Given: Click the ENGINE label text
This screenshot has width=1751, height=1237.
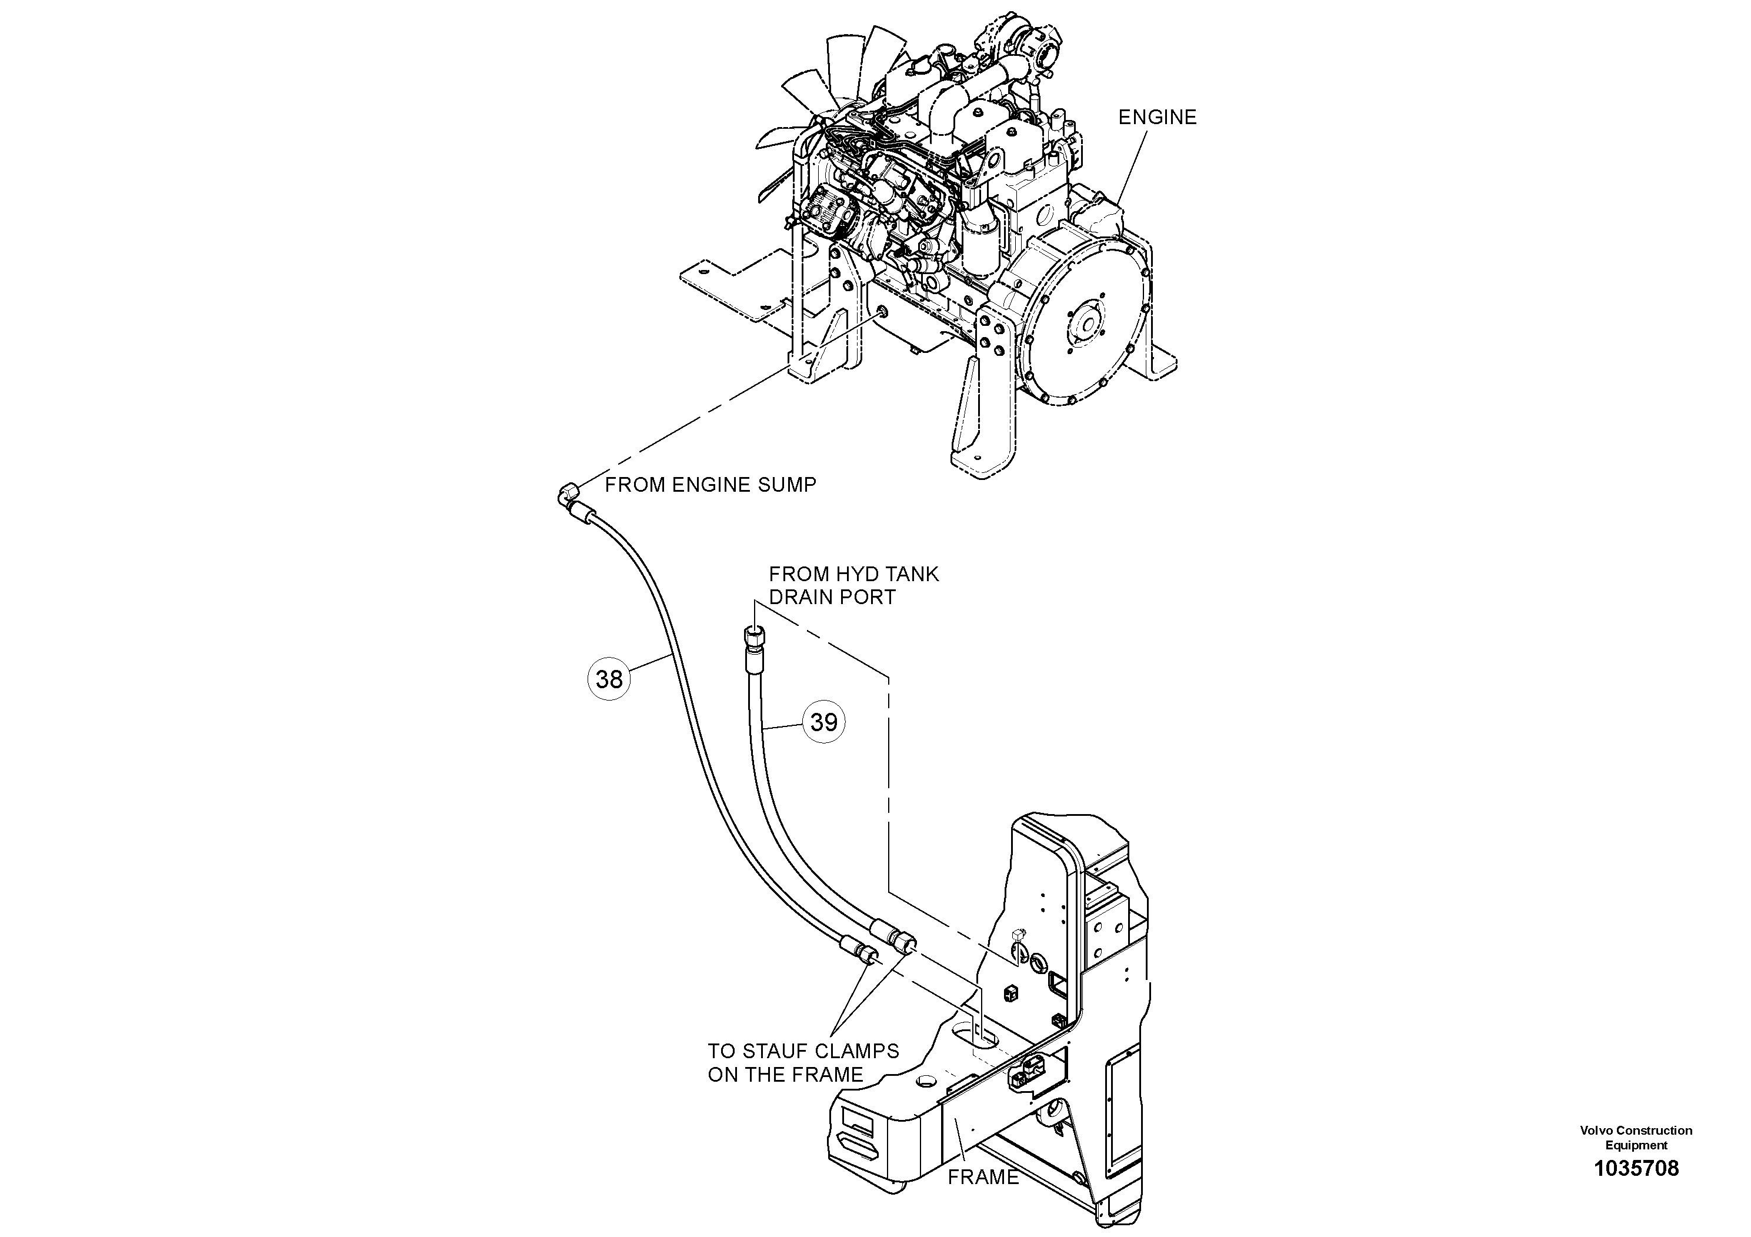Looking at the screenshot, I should pyautogui.click(x=1157, y=118).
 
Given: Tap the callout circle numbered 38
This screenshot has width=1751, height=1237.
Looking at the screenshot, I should pyautogui.click(x=609, y=679).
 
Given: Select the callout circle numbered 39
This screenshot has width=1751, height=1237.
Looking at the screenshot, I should pyautogui.click(x=823, y=722).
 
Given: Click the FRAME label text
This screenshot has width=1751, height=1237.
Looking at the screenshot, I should pyautogui.click(x=983, y=1178).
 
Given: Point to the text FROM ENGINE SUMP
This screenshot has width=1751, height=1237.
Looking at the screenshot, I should pyautogui.click(x=710, y=485).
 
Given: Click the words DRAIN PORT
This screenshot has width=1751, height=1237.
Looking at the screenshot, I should pyautogui.click(x=832, y=597).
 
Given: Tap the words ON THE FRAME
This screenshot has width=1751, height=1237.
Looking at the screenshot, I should pyautogui.click(x=786, y=1075).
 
